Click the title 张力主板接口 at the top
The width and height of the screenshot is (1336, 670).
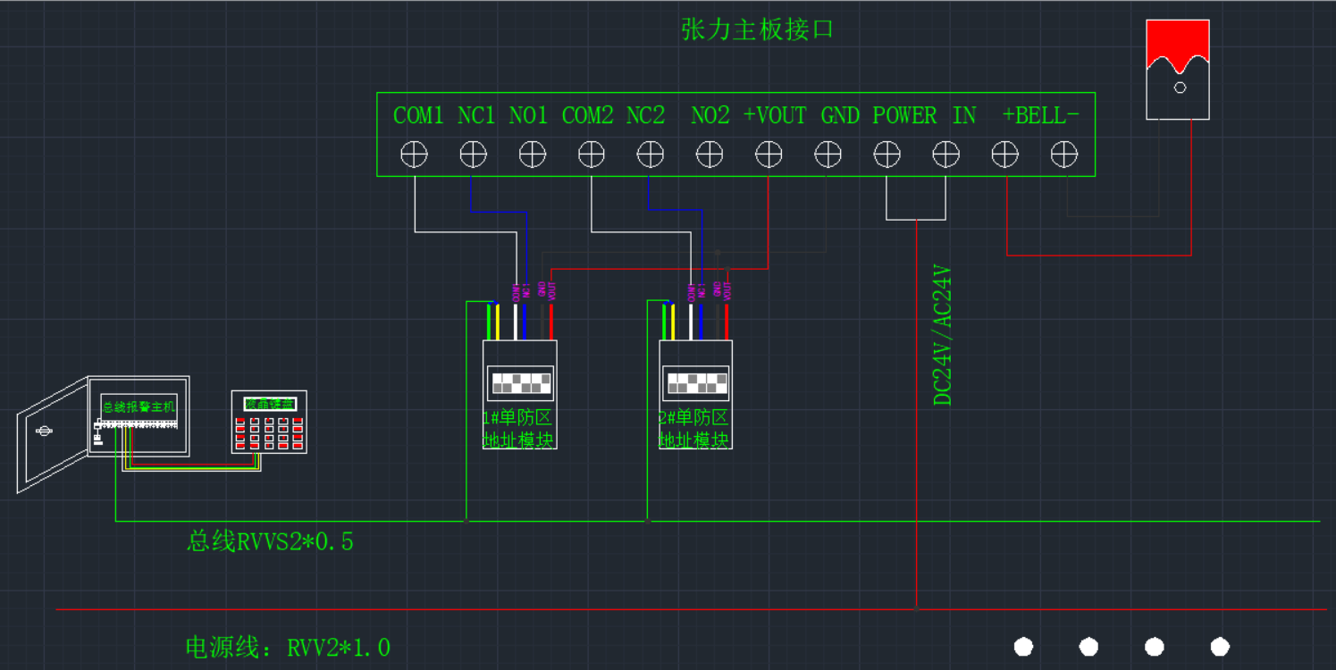coord(757,29)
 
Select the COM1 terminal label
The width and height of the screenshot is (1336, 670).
coord(418,115)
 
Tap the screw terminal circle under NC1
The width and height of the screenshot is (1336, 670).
coord(473,155)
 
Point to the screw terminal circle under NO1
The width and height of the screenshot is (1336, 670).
coord(532,155)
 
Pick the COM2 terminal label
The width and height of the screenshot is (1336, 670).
coord(587,115)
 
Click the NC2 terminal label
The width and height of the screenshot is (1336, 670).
coord(645,115)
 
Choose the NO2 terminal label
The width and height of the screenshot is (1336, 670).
coord(710,115)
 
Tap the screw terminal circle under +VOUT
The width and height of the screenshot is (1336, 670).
coord(769,155)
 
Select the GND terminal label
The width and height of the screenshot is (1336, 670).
coord(840,115)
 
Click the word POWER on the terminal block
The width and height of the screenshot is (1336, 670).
coord(904,115)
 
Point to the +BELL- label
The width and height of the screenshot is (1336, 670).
coord(1040,115)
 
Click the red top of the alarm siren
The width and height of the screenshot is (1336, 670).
coord(1178,42)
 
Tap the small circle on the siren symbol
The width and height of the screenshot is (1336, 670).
coord(1180,88)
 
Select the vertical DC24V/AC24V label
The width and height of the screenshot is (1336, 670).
coord(943,335)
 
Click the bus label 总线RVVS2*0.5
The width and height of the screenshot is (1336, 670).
coord(270,540)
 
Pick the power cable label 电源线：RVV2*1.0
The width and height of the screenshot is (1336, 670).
coord(288,647)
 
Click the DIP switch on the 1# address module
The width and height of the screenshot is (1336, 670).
coord(520,383)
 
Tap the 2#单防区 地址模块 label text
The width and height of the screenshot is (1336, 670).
coord(694,429)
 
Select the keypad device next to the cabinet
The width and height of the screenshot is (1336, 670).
coord(269,422)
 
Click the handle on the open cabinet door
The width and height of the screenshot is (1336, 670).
coord(42,431)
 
